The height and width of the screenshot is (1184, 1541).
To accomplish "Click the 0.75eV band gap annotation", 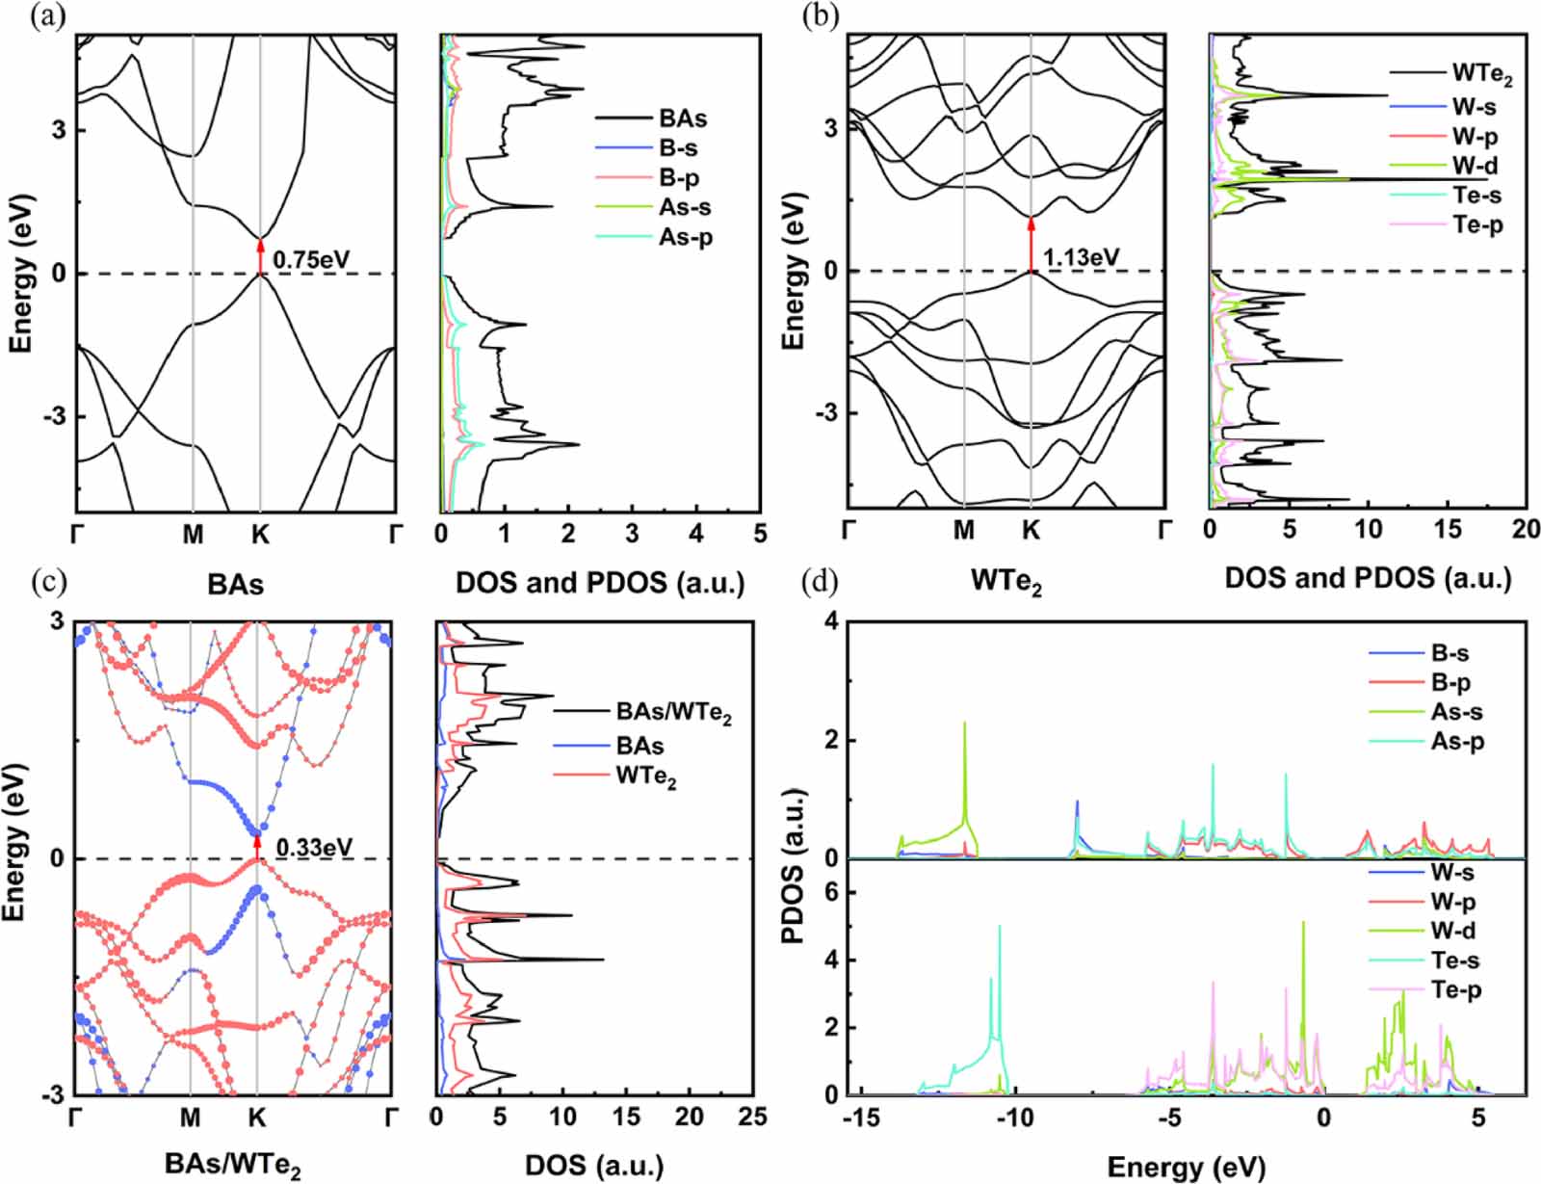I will (x=311, y=259).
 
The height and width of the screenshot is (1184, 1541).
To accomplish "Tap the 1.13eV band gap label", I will (x=1082, y=256).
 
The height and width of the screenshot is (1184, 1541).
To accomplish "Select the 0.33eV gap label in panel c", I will (x=314, y=848).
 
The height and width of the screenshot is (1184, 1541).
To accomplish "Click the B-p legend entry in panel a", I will (x=679, y=178).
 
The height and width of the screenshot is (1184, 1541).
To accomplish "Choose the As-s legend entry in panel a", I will (x=685, y=208).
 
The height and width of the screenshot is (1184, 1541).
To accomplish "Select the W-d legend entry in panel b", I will (x=1475, y=166).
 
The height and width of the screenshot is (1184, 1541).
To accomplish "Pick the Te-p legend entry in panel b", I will (x=1477, y=225).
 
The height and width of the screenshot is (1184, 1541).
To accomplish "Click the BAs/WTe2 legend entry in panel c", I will (x=673, y=715).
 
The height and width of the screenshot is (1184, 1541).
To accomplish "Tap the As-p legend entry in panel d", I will (x=1456, y=742).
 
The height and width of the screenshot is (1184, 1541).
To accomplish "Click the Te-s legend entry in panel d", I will (x=1454, y=960).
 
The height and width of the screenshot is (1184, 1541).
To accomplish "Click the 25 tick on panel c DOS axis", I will (x=752, y=1117).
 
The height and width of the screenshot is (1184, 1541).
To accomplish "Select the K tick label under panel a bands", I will (x=260, y=534).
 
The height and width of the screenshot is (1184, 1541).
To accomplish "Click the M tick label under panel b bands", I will (x=964, y=530).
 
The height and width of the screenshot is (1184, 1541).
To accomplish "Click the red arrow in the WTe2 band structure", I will (x=1032, y=244).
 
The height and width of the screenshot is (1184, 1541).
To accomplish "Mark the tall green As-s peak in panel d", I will (x=965, y=771).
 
